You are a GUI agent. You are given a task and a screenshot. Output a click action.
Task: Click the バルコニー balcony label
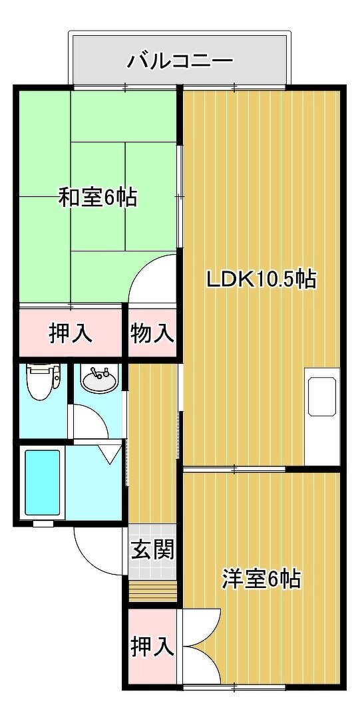[180, 61]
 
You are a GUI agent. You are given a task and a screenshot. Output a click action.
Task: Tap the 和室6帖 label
[97, 198]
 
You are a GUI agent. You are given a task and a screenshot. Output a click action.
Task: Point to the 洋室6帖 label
[261, 579]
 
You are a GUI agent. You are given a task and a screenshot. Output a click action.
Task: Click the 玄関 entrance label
[152, 550]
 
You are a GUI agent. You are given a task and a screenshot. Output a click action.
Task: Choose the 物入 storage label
[152, 333]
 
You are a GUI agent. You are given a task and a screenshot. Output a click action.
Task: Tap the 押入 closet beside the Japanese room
[71, 333]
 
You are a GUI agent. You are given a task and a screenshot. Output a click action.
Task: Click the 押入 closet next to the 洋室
[152, 647]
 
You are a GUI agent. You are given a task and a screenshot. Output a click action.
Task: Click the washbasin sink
[100, 379]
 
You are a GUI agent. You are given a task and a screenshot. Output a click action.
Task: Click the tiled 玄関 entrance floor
[152, 551]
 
